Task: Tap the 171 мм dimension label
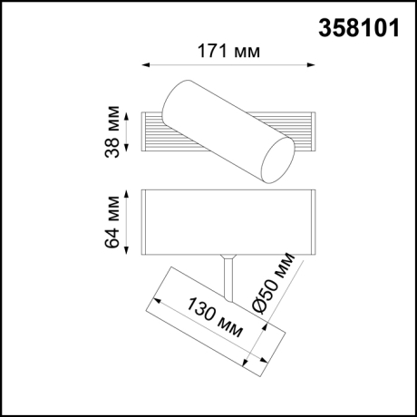pyautogui.click(x=228, y=52)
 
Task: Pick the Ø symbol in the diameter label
pyautogui.click(x=259, y=306)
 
